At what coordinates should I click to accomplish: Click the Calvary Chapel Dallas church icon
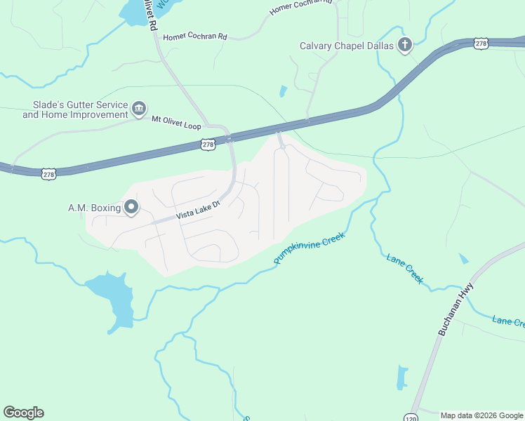[404, 46]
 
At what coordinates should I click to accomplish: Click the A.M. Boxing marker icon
[131, 206]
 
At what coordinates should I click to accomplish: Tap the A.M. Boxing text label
[93, 207]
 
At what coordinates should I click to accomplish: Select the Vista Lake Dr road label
[198, 209]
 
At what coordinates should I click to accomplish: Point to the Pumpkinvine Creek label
[312, 239]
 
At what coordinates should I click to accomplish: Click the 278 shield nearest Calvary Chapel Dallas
[480, 44]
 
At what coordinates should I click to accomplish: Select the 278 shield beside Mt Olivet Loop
[207, 145]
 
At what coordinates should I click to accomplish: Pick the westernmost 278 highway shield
[48, 173]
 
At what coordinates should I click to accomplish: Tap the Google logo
[23, 413]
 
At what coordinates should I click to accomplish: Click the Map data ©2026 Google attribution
[481, 415]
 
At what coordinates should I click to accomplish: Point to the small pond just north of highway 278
[283, 91]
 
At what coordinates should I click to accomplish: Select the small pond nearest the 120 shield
[402, 377]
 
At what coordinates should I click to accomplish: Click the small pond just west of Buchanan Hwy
[463, 259]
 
